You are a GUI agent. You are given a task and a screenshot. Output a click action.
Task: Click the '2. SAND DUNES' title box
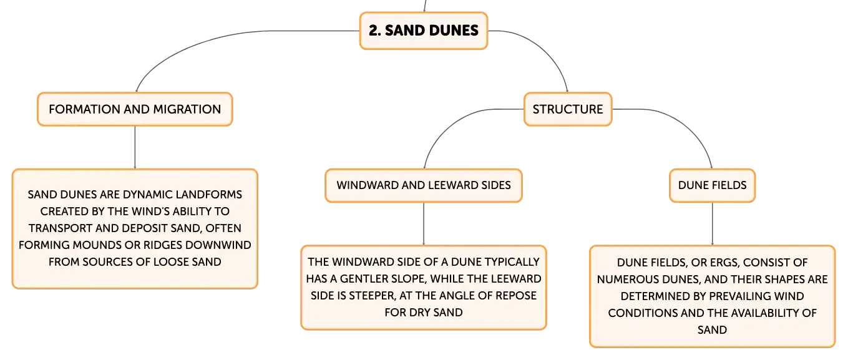(x=423, y=31)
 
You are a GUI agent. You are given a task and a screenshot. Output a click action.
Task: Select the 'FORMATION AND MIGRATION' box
(x=135, y=109)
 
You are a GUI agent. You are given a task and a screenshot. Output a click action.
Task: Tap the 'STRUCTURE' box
(x=567, y=109)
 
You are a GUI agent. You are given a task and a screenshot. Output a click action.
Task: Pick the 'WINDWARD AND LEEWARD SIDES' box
(x=424, y=185)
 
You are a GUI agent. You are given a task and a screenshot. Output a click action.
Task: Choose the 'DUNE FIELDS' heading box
(x=712, y=185)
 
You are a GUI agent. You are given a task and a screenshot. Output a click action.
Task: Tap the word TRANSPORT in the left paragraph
(x=61, y=228)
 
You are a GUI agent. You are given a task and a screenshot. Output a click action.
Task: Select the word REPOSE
(x=516, y=296)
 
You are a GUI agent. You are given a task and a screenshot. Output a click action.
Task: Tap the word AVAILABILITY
(x=758, y=313)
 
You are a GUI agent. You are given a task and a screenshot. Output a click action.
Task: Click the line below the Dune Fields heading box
(x=712, y=224)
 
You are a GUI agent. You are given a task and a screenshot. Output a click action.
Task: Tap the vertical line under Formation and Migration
(x=135, y=147)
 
